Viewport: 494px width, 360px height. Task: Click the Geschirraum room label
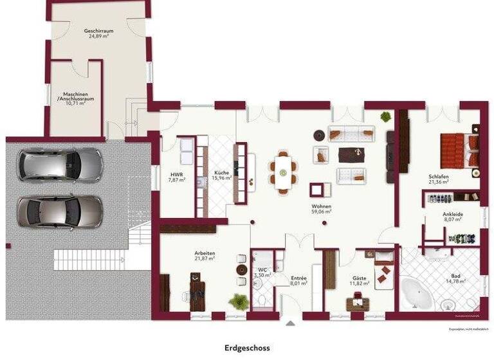click(x=98, y=33)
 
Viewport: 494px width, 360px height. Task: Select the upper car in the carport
click(x=60, y=165)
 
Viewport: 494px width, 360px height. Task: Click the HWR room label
click(x=176, y=177)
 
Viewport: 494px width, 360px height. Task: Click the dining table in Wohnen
click(x=284, y=170)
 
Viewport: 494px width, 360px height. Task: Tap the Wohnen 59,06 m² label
click(x=321, y=208)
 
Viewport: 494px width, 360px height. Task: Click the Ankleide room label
click(x=452, y=217)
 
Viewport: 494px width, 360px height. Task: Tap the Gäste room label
click(x=359, y=280)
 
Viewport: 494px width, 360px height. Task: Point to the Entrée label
click(x=298, y=280)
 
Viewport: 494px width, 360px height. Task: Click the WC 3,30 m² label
click(x=262, y=273)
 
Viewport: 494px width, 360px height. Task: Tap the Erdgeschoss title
click(x=247, y=348)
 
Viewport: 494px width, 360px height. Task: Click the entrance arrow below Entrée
click(x=289, y=323)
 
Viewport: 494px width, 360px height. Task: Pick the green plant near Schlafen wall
click(x=385, y=117)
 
